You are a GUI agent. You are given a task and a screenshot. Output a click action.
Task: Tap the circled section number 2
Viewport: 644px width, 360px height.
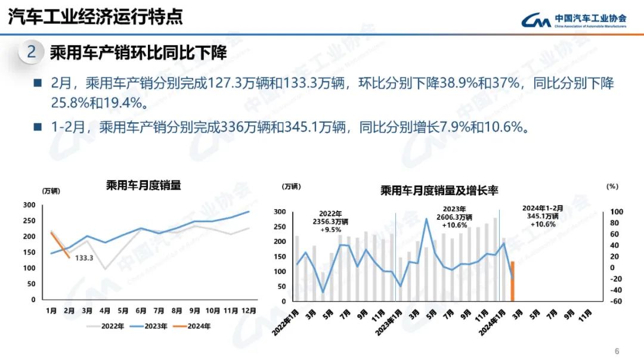pyautogui.click(x=32, y=52)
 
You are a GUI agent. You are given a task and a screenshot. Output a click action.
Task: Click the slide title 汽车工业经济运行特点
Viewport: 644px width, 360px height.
pyautogui.click(x=95, y=17)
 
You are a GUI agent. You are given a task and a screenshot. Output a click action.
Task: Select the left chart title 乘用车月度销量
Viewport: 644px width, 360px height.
pyautogui.click(x=143, y=185)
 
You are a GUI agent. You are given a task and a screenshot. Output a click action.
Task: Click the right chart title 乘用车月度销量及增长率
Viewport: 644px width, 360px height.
pyautogui.click(x=439, y=191)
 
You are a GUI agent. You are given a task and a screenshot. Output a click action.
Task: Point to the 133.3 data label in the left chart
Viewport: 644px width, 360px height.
pyautogui.click(x=85, y=259)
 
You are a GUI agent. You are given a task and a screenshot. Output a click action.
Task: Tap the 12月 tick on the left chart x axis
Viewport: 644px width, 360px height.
pyautogui.click(x=249, y=311)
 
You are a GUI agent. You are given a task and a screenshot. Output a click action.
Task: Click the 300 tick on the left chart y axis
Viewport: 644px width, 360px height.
pyautogui.click(x=29, y=205)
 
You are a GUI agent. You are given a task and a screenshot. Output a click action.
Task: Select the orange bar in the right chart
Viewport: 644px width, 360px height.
pyautogui.click(x=512, y=281)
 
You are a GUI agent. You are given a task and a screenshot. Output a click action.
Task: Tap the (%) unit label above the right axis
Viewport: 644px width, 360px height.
pyautogui.click(x=612, y=186)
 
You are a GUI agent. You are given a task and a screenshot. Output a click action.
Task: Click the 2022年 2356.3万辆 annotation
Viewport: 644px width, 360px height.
pyautogui.click(x=330, y=221)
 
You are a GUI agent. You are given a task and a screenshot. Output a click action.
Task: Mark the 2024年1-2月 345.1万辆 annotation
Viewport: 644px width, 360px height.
pyautogui.click(x=540, y=216)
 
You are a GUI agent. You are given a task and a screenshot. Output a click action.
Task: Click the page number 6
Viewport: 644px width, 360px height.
pyautogui.click(x=617, y=350)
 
